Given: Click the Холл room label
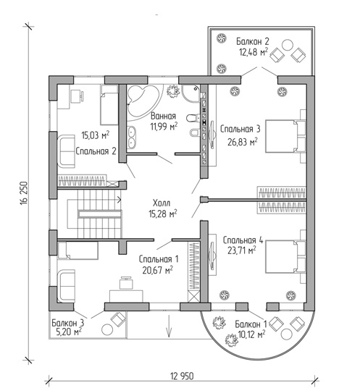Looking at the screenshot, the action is tap(162, 203).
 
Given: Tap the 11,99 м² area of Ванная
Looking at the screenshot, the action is tap(164, 127).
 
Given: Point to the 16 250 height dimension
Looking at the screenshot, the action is tap(25, 193).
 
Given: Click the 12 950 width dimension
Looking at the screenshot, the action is tap(182, 376).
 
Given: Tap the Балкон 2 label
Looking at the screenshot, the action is tap(252, 41).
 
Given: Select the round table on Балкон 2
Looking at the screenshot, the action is tap(288, 46).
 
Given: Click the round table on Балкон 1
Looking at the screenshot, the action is tap(287, 334).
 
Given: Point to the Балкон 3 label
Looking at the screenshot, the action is tap(68, 323).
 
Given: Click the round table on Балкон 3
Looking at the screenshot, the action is tap(108, 329).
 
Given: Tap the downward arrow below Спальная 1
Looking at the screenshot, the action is tap(169, 326).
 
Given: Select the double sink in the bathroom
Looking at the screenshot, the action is tap(131, 138).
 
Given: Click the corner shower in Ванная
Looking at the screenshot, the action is tap(191, 93).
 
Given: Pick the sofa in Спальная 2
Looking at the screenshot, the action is tap(66, 151).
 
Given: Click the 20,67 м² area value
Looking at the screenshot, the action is tap(157, 270).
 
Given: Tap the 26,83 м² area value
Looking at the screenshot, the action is tap(243, 142).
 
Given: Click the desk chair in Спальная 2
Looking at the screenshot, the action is tap(77, 96).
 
